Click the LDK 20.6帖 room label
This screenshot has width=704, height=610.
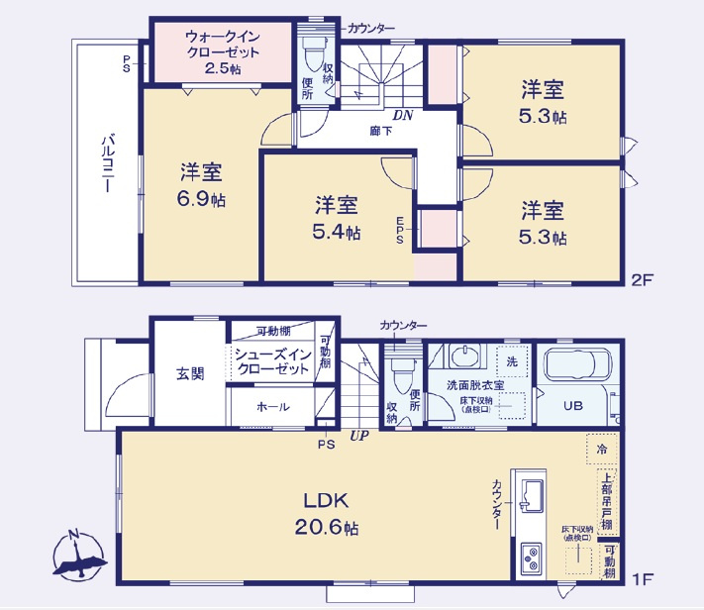point(324,513)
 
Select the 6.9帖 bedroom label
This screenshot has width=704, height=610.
point(201,184)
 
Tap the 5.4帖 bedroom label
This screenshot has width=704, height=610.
point(337,218)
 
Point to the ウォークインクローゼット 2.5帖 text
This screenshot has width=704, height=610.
point(222,52)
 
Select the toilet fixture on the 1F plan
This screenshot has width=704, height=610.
point(402,373)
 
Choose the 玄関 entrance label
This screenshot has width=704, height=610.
point(190,373)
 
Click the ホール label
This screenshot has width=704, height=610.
point(272,406)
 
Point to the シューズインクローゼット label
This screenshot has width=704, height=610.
point(272,361)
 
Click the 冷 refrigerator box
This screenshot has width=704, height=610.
point(601,449)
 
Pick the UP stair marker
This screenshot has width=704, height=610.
point(357,434)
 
